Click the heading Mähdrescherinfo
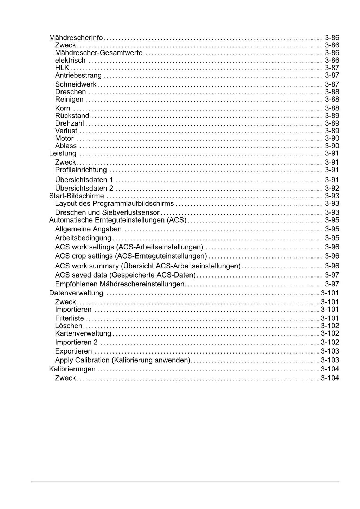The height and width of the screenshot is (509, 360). pyautogui.click(x=76, y=38)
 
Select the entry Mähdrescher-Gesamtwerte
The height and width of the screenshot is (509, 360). pyautogui.click(x=99, y=53)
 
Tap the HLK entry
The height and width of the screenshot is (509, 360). pyautogui.click(x=62, y=68)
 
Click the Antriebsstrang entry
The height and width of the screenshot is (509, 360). pyautogui.click(x=78, y=75)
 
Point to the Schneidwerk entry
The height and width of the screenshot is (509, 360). pyautogui.click(x=76, y=84)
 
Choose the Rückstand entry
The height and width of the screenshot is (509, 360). pyautogui.click(x=72, y=116)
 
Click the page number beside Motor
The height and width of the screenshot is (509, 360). pyautogui.click(x=332, y=138)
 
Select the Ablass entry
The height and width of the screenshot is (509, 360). pyautogui.click(x=66, y=146)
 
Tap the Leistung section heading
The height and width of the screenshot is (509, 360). pyautogui.click(x=63, y=153)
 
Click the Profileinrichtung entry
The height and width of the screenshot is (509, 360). pyautogui.click(x=81, y=170)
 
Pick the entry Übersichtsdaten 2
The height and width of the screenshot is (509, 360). pyautogui.click(x=84, y=188)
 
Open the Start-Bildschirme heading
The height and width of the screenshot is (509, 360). pyautogui.click(x=77, y=196)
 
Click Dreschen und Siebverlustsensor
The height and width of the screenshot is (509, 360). pyautogui.click(x=107, y=212)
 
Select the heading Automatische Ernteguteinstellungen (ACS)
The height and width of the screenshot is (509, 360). pyautogui.click(x=118, y=220)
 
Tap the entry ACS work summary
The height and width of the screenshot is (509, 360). pyautogui.click(x=148, y=266)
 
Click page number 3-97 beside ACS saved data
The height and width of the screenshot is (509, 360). pyautogui.click(x=332, y=275)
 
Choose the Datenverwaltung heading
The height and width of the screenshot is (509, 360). pyautogui.click(x=76, y=293)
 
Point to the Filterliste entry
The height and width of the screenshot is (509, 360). pyautogui.click(x=70, y=318)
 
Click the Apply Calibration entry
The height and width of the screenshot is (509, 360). pyautogui.click(x=123, y=360)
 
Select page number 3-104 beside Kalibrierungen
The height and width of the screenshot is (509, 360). pyautogui.click(x=330, y=369)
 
